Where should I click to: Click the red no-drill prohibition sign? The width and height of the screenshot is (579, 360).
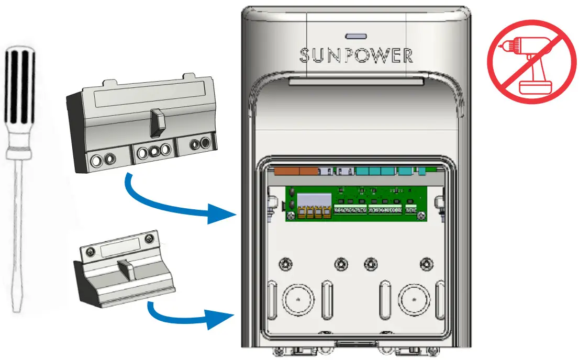pos(528,61)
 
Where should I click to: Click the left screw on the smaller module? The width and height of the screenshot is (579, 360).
pos(91,252)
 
